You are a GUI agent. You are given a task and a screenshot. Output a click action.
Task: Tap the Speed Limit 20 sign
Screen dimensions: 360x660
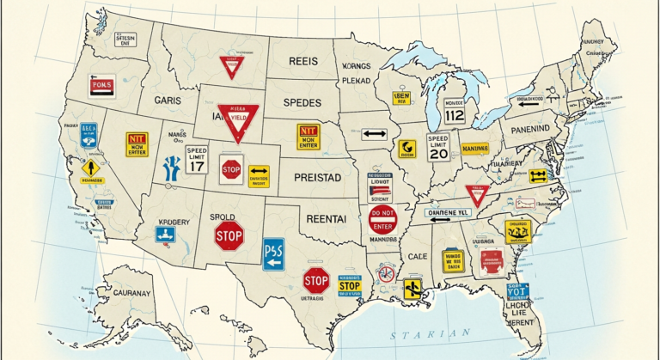(437, 149)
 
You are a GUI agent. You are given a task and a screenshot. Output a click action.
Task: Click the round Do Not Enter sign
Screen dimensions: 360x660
(382, 219)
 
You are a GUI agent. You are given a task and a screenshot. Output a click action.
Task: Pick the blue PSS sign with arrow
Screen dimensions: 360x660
(273, 254)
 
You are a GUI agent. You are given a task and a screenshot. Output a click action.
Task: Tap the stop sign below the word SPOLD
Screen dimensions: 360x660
(229, 235)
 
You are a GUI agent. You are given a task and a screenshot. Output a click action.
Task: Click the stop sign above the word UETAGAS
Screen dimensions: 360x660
(315, 279)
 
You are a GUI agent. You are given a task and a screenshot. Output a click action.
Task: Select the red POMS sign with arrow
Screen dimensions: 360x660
(101, 87)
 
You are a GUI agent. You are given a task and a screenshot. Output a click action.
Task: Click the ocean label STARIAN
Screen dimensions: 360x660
(429, 333)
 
